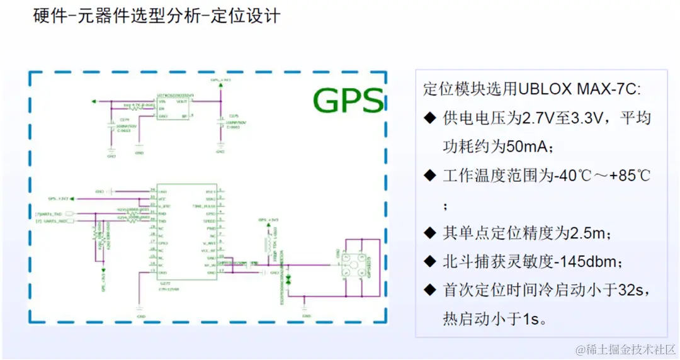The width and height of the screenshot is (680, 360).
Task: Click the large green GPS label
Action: (x=348, y=100)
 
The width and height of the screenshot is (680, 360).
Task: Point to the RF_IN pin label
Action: (x=210, y=266)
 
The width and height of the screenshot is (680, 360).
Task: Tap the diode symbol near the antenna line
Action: (x=288, y=278)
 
